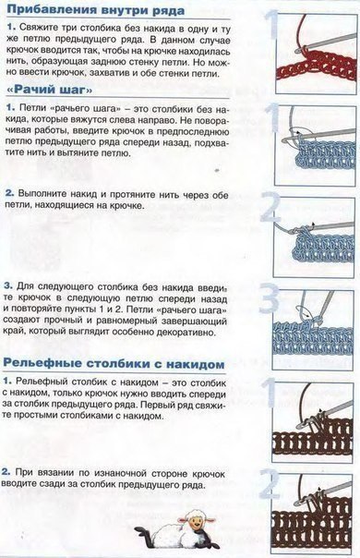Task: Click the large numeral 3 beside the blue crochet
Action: tap(273, 299)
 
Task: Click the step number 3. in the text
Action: tap(8, 286)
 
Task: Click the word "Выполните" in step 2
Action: tap(45, 193)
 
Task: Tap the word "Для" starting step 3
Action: tap(28, 286)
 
